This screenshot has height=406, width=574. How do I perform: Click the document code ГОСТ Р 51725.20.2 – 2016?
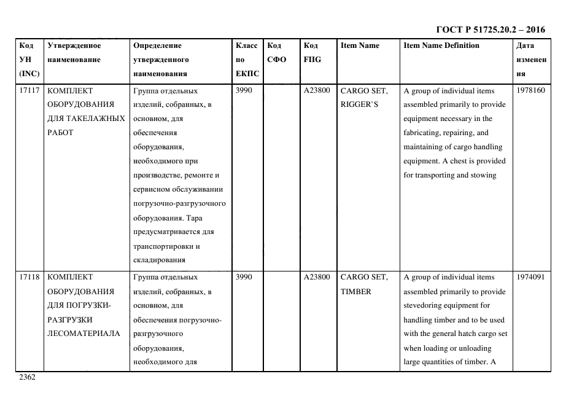point(490,29)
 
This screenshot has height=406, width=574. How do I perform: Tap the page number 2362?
point(28,377)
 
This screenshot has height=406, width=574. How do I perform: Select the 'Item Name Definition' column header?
point(441,45)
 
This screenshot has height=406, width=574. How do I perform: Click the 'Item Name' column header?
point(360,45)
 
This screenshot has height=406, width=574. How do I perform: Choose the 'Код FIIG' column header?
point(312,53)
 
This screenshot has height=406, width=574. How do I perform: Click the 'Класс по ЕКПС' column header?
point(247,60)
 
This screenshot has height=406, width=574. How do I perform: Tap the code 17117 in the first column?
point(29,90)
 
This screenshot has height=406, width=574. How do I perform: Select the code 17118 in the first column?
point(29,277)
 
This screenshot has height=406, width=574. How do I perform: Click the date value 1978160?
point(531,90)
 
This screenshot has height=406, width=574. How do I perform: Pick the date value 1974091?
point(531,277)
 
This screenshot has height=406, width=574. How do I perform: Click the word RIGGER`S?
point(359,104)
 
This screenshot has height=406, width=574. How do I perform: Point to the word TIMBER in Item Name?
point(355,291)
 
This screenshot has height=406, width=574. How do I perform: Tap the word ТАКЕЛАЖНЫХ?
point(103,119)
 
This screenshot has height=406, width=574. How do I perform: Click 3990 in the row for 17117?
point(244,90)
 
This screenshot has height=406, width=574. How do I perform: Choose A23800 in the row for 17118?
point(317,277)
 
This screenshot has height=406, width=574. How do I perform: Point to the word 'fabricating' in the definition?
point(421,133)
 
